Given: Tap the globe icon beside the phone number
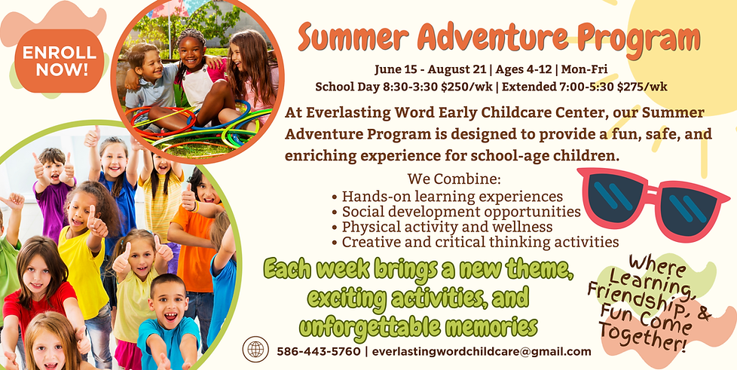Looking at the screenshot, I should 255,350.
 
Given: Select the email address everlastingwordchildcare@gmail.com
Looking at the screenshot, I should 482,351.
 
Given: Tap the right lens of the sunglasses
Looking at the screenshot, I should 688,213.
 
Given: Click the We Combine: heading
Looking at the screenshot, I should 453,180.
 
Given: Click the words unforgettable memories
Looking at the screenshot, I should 417,326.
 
